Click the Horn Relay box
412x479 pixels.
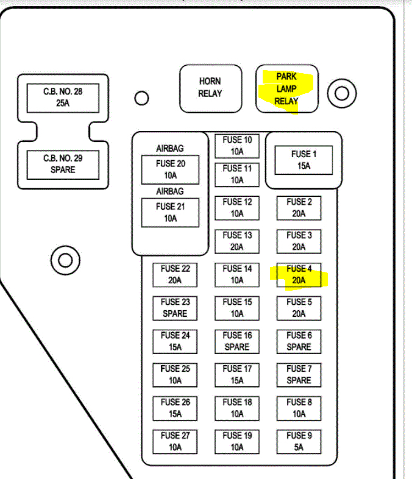point(210,88)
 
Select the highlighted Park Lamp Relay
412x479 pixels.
point(286,89)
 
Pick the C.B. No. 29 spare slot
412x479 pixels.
point(63,164)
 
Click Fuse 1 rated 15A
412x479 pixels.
point(304,160)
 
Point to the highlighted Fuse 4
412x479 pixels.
point(299,274)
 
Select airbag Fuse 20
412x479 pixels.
point(170,169)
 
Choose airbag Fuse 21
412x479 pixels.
point(170,212)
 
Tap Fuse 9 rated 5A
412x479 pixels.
point(299,441)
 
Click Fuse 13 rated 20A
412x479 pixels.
point(237,241)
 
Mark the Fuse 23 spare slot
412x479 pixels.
point(175,308)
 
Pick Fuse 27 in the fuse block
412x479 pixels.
point(175,441)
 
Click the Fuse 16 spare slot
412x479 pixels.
point(237,341)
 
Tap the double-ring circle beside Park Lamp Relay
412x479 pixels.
point(342,93)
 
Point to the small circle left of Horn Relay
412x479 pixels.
point(142,98)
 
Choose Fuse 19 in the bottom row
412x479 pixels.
point(237,441)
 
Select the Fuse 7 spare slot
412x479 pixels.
point(299,375)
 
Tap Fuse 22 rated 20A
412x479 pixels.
point(175,274)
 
